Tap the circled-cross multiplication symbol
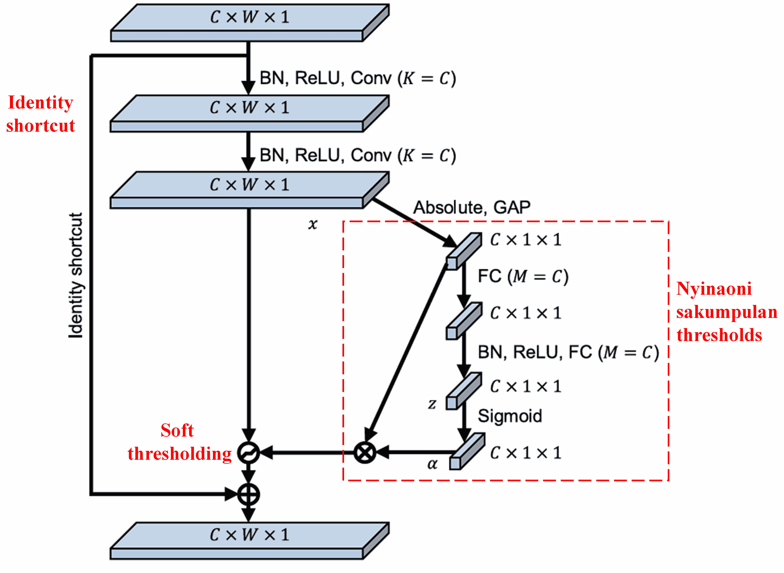(365, 452)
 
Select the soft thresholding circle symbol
(248, 453)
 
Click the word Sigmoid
(510, 416)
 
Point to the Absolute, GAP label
(471, 207)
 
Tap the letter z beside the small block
(432, 403)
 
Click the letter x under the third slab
(313, 224)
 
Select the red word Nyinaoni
(714, 289)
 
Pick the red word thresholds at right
(719, 335)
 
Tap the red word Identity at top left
(41, 103)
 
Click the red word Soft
(177, 431)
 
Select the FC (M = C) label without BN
(523, 277)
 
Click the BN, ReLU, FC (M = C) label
(568, 352)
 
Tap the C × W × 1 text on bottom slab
(249, 535)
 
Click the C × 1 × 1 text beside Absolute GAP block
(525, 240)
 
